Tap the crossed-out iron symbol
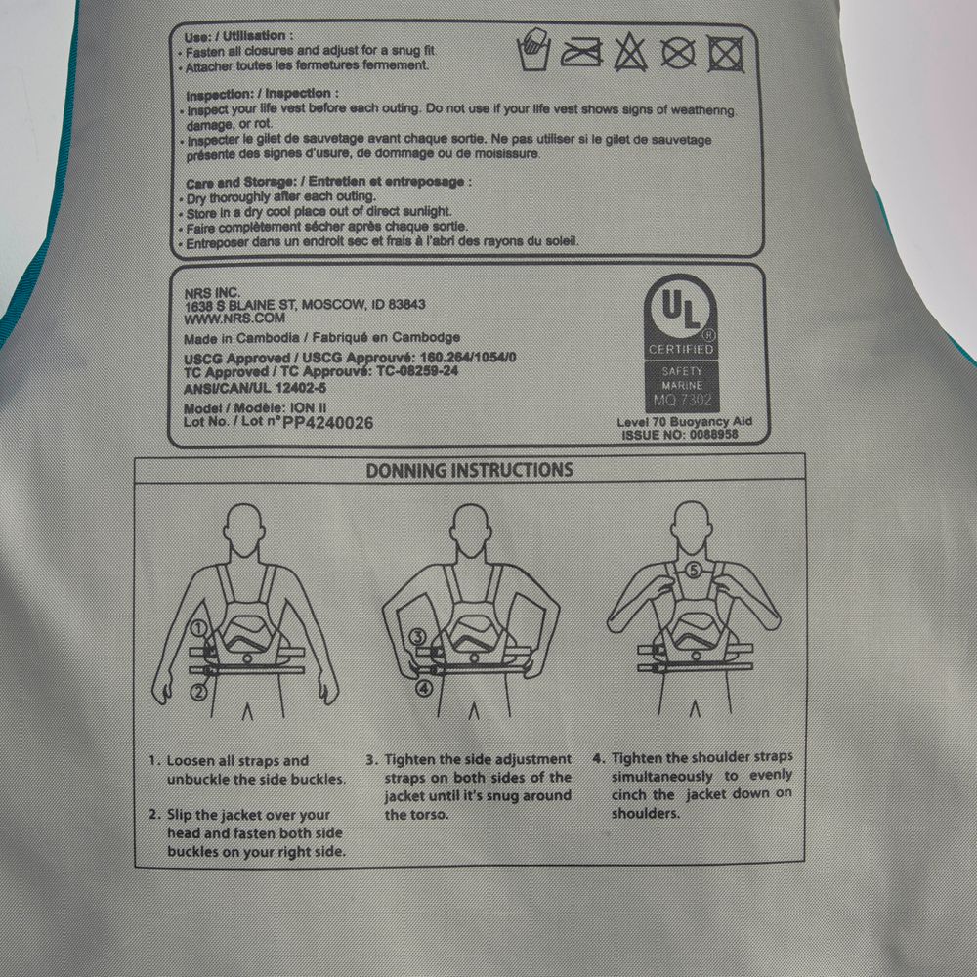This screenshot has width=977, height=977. pos(581,52)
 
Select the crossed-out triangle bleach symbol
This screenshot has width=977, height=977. pos(630,52)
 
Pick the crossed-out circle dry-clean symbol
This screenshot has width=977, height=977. pos(677,52)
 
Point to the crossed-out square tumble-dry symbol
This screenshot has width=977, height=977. pos(725,52)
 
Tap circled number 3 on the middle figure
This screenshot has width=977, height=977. pos(417,637)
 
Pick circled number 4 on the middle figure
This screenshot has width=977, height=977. pos(423,688)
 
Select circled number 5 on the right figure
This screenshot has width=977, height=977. pos(693,570)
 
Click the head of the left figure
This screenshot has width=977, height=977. pos(245,528)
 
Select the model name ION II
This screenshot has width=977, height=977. pos(314,408)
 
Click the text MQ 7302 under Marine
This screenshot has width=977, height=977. pos(681,401)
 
